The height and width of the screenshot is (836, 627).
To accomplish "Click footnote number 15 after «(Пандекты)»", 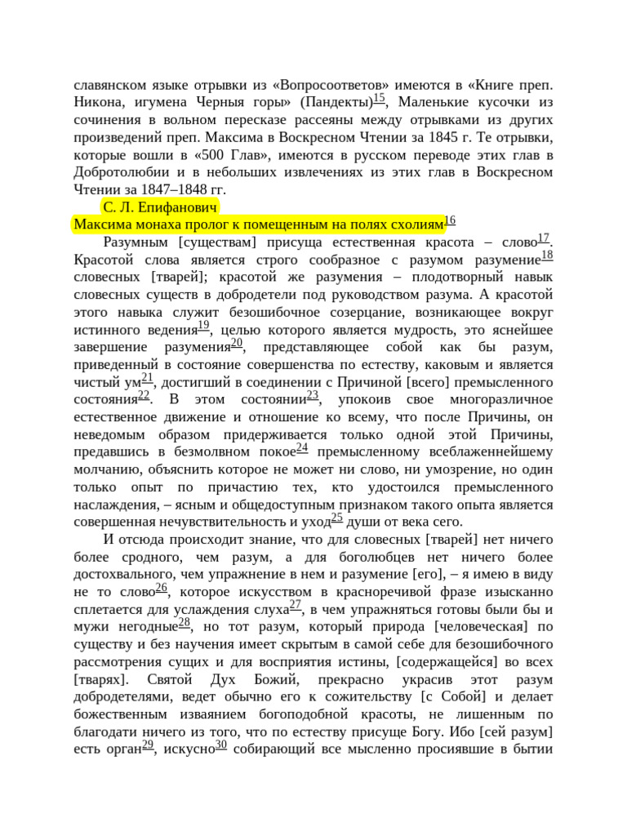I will (x=379, y=98).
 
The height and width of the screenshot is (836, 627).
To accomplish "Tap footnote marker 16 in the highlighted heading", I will (x=450, y=221).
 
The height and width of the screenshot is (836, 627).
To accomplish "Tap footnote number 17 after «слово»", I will (x=544, y=238).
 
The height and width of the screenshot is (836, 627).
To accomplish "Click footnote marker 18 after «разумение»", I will (x=547, y=256).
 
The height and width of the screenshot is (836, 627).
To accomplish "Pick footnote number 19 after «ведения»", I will (x=203, y=326).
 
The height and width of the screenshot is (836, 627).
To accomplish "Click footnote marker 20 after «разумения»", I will (x=236, y=344).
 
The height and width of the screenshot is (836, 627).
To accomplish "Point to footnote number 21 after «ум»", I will (x=147, y=378).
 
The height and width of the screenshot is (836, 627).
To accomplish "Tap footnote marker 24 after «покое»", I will (x=301, y=448).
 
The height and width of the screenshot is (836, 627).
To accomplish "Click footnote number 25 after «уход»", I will (x=336, y=518).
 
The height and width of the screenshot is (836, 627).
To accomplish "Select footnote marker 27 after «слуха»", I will (x=296, y=605).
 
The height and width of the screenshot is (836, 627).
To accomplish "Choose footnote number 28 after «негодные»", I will (x=185, y=623).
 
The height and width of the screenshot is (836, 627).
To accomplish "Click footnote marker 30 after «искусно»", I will (x=220, y=745).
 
